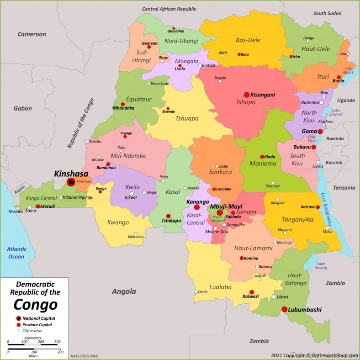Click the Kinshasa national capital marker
coord(71,182)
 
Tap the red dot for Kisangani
coord(247,95)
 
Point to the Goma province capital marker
coord(320,132)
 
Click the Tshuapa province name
coord(187,118)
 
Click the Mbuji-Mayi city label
coord(226,206)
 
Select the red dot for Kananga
coord(197,207)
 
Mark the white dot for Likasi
coord(274,296)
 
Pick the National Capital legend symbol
coord(18,318)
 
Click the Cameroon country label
coord(32,34)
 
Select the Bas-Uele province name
coord(248,40)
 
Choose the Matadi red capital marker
coord(38,206)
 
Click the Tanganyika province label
coord(297,220)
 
